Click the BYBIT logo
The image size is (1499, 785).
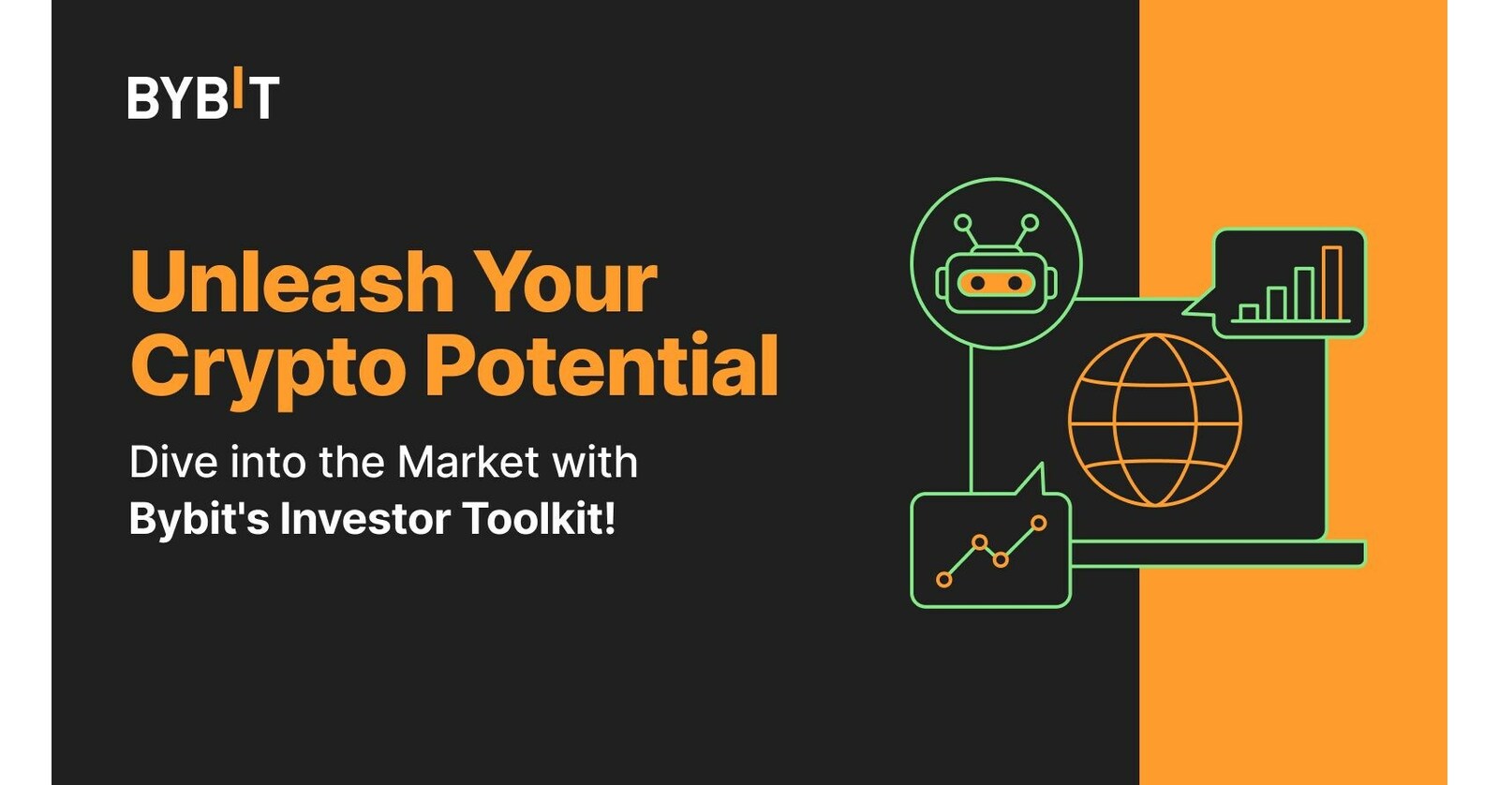coord(202,96)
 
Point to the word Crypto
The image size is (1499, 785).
coord(267,367)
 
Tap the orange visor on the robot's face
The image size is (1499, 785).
coord(996,283)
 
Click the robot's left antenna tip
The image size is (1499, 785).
coord(963,223)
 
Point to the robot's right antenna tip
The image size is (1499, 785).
coord(1029,223)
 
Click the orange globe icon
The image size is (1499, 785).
coord(1154,420)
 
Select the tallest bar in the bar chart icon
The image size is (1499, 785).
coord(1331,283)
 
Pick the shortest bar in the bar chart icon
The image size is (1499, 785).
coord(1249,313)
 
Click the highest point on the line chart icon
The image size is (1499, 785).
coord(1038,523)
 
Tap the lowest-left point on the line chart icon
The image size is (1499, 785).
coord(944,580)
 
